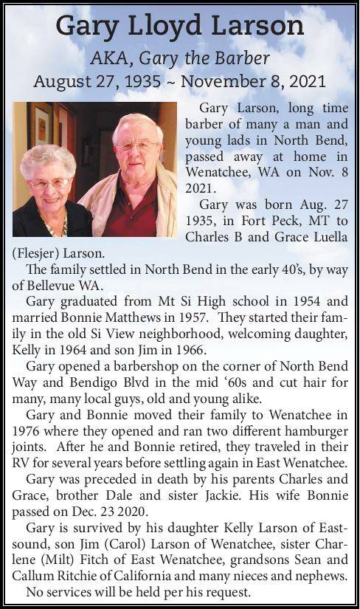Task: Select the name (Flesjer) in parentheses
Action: tap(36, 252)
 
